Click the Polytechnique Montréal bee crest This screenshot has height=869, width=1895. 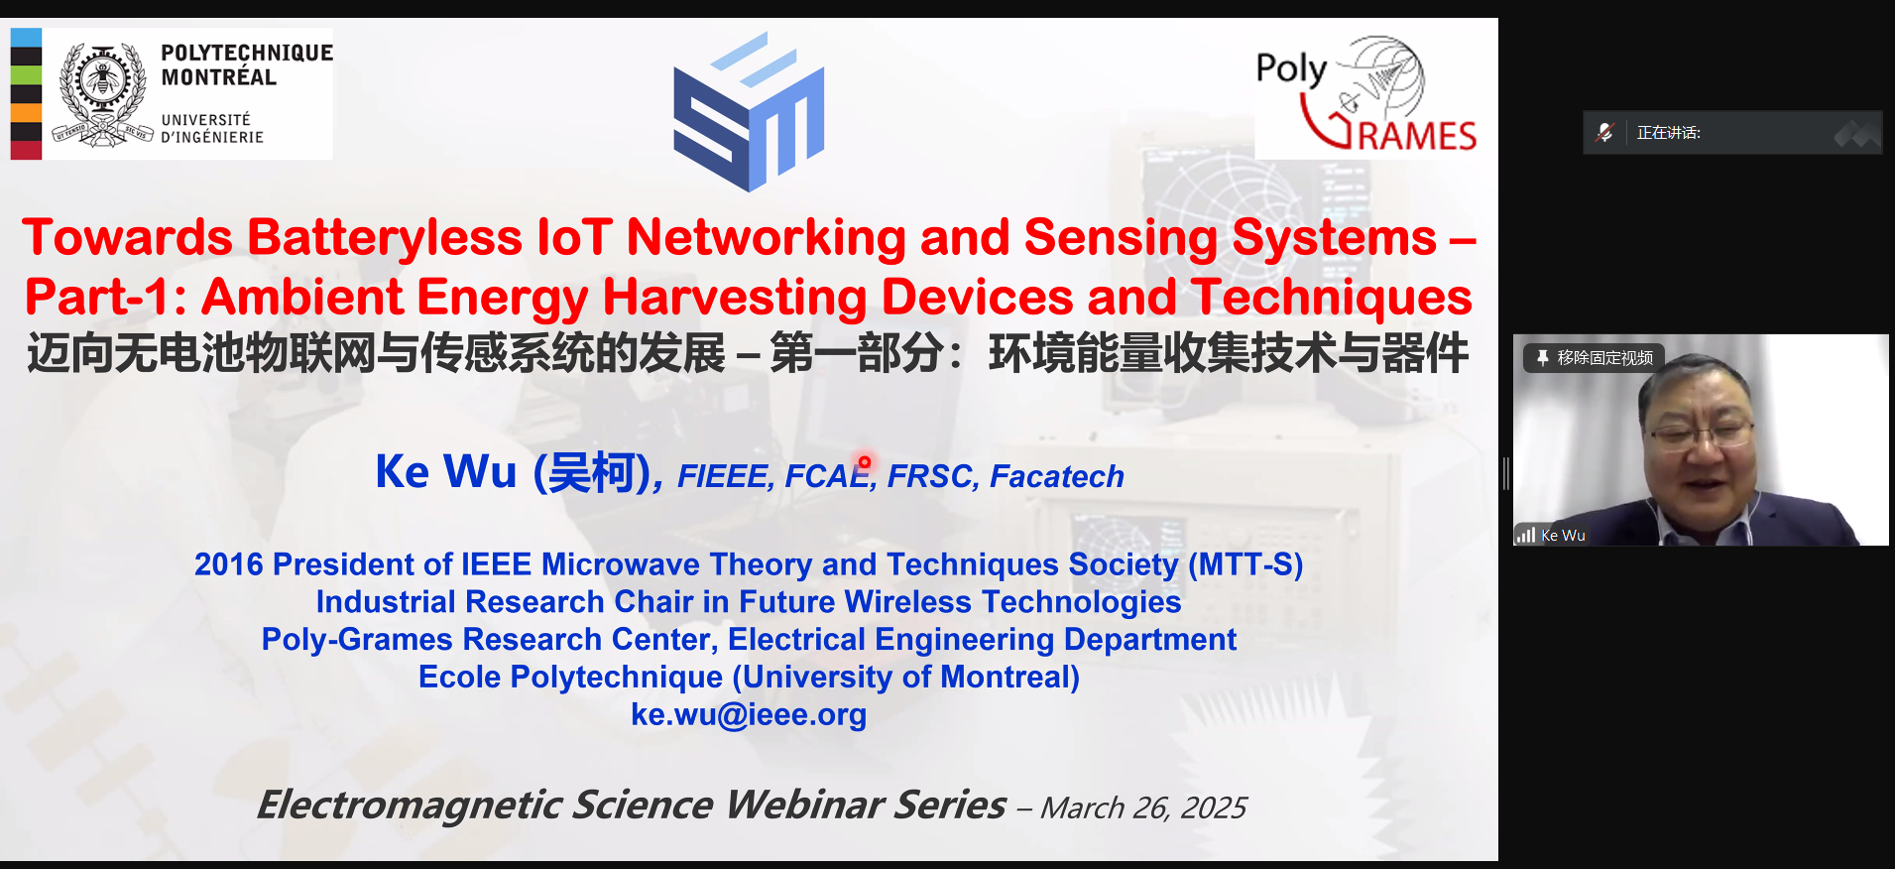click(x=102, y=93)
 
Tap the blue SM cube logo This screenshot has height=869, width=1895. click(x=749, y=111)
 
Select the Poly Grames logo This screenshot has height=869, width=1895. click(x=1366, y=95)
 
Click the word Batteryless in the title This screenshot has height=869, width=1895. click(x=385, y=238)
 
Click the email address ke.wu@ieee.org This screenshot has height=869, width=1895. click(x=749, y=714)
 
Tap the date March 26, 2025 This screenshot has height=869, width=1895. click(x=1143, y=808)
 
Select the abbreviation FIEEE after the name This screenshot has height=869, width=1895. click(x=723, y=477)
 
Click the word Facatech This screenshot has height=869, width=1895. click(x=1057, y=477)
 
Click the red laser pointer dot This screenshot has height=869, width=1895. click(x=864, y=462)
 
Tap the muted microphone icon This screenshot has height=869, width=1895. click(x=1604, y=132)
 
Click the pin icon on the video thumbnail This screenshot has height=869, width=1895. click(x=1542, y=357)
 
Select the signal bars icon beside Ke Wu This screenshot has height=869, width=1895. click(x=1526, y=535)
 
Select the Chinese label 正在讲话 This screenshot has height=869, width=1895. click(x=1668, y=133)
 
